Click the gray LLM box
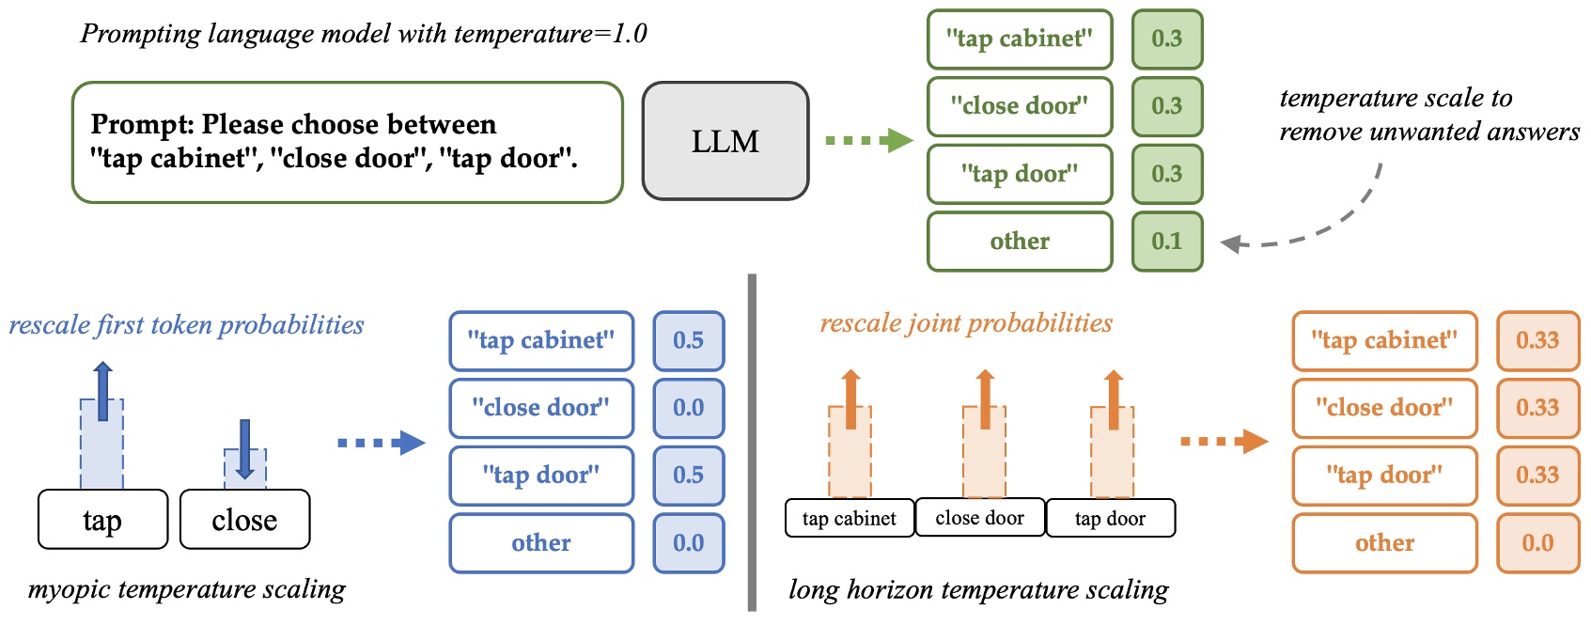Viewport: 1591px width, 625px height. coord(725,141)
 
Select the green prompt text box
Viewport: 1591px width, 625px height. coord(347,142)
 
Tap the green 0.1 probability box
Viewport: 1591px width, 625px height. coord(1166,242)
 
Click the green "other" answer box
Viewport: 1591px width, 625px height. coord(1020,242)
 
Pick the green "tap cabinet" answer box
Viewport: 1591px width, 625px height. coord(1020,39)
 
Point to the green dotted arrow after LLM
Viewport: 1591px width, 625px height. coord(867,141)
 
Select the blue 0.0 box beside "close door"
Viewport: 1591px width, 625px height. coord(688,408)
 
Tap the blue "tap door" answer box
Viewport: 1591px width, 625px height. coord(541,476)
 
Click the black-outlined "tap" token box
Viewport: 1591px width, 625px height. coord(102,520)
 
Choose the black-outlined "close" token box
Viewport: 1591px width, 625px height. coord(244,520)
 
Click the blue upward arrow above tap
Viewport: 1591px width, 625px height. coord(103,391)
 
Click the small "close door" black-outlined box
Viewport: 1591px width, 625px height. coord(979,518)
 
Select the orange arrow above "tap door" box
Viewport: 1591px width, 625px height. coord(1113,399)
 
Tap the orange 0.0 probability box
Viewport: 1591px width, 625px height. coord(1536,543)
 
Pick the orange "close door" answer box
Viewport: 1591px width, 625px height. coord(1384,408)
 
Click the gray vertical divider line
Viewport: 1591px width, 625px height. coord(752,442)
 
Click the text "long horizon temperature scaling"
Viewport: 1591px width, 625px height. coord(978,590)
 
